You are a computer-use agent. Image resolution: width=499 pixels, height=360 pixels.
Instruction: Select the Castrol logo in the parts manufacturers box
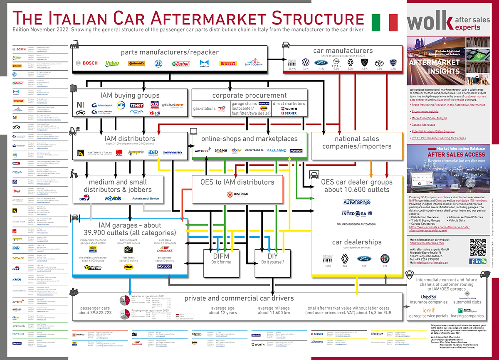[x=181, y=64]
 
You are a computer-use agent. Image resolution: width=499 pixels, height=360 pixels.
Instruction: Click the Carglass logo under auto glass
[x=165, y=250]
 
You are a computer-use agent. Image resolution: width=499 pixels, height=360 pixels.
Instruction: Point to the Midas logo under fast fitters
[x=128, y=266]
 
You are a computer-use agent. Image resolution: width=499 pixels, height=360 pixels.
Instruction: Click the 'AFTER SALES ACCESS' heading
[x=447, y=154]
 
